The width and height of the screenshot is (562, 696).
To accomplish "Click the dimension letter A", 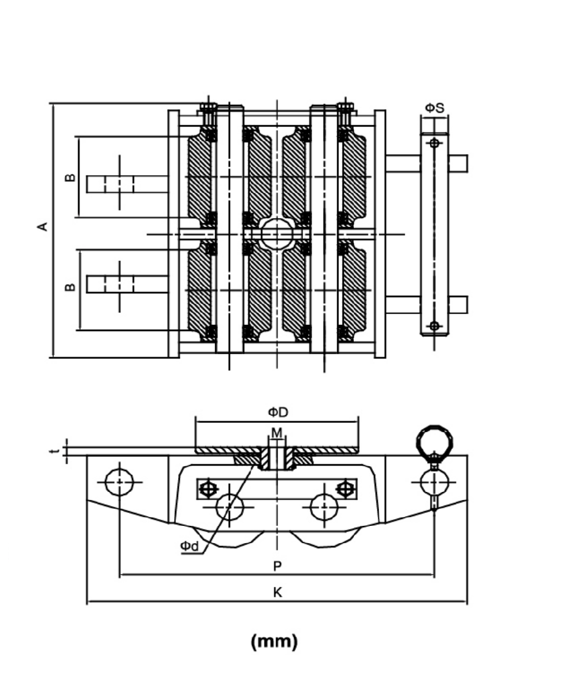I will [x=43, y=226].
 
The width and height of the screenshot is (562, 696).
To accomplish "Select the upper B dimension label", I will [x=70, y=178].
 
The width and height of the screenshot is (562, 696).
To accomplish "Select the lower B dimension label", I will [x=70, y=287].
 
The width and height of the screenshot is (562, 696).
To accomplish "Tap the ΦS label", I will [x=434, y=108].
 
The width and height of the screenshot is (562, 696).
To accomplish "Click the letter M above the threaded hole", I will [x=277, y=433].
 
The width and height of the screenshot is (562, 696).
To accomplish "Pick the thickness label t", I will [x=55, y=452].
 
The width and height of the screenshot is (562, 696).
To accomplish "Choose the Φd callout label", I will [x=188, y=546].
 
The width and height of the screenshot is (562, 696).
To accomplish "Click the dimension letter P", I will [x=277, y=565].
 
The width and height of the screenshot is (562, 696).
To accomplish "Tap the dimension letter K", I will [x=277, y=592].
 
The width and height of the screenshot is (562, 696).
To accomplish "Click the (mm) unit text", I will [x=274, y=642].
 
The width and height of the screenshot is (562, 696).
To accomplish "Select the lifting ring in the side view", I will [x=434, y=440].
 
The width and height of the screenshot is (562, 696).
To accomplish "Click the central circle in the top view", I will [x=277, y=234].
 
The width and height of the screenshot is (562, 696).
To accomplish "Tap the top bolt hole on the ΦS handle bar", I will [x=434, y=143].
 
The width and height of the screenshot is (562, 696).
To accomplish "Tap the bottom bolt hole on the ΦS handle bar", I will [x=434, y=325].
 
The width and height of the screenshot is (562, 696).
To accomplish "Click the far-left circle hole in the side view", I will [x=120, y=482].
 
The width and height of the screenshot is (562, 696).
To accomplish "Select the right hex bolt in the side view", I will [x=344, y=489].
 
